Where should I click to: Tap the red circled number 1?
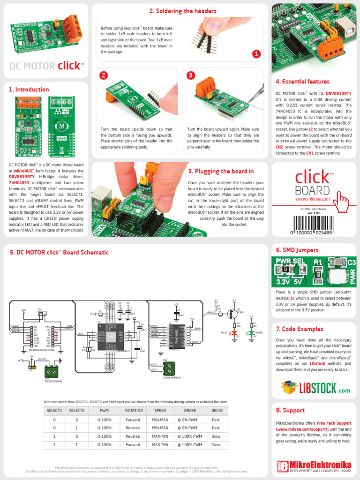(x=256, y=54)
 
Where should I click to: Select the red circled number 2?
(x=104, y=75)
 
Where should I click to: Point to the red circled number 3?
(x=190, y=75)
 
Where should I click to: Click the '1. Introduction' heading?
(x=29, y=90)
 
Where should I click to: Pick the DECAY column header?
(x=216, y=411)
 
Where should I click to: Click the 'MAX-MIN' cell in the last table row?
(x=160, y=444)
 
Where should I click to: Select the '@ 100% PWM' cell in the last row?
(x=189, y=444)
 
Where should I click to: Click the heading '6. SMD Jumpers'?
(x=297, y=250)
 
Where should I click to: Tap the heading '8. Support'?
(x=290, y=410)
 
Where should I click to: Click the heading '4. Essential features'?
(x=302, y=82)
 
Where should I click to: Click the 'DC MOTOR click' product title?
(x=47, y=66)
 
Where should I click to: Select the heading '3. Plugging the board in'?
(x=221, y=172)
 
